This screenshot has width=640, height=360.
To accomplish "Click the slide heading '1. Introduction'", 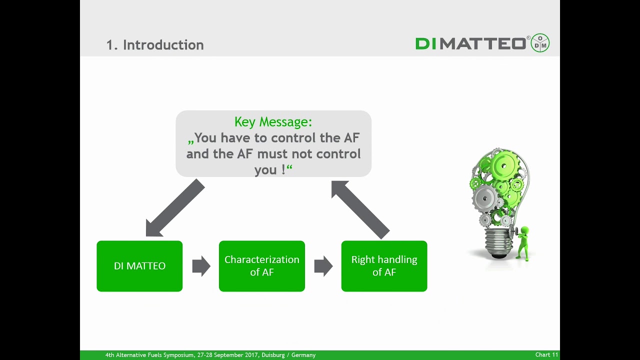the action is (x=155, y=45).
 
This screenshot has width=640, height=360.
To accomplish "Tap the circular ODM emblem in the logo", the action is (x=540, y=43).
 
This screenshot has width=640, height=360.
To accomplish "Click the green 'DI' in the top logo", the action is (x=426, y=43).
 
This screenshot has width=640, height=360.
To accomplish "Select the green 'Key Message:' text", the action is (x=273, y=122).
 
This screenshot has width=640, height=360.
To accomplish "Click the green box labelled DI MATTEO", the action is (x=139, y=266).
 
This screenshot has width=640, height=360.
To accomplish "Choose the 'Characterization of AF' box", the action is (x=262, y=266).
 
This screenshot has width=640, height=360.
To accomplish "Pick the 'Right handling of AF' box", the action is (x=384, y=266).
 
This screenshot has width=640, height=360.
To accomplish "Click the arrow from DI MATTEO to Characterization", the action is (x=201, y=266).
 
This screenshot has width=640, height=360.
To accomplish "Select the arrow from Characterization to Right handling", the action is (x=323, y=266).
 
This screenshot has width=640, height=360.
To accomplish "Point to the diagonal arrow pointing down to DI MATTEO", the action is (x=175, y=207).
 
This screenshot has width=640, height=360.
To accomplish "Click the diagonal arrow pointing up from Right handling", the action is (x=360, y=209).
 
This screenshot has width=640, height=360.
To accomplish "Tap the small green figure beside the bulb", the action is (x=523, y=243).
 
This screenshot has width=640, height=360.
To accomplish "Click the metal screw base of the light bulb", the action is (x=498, y=241).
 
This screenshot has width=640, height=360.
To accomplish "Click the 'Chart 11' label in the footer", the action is (x=546, y=354).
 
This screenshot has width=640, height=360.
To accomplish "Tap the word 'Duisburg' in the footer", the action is (x=273, y=355).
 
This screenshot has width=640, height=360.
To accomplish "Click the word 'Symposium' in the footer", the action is (x=176, y=355).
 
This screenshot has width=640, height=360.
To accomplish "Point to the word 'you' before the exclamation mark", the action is (x=265, y=170).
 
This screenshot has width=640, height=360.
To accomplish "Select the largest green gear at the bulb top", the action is (x=504, y=165).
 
